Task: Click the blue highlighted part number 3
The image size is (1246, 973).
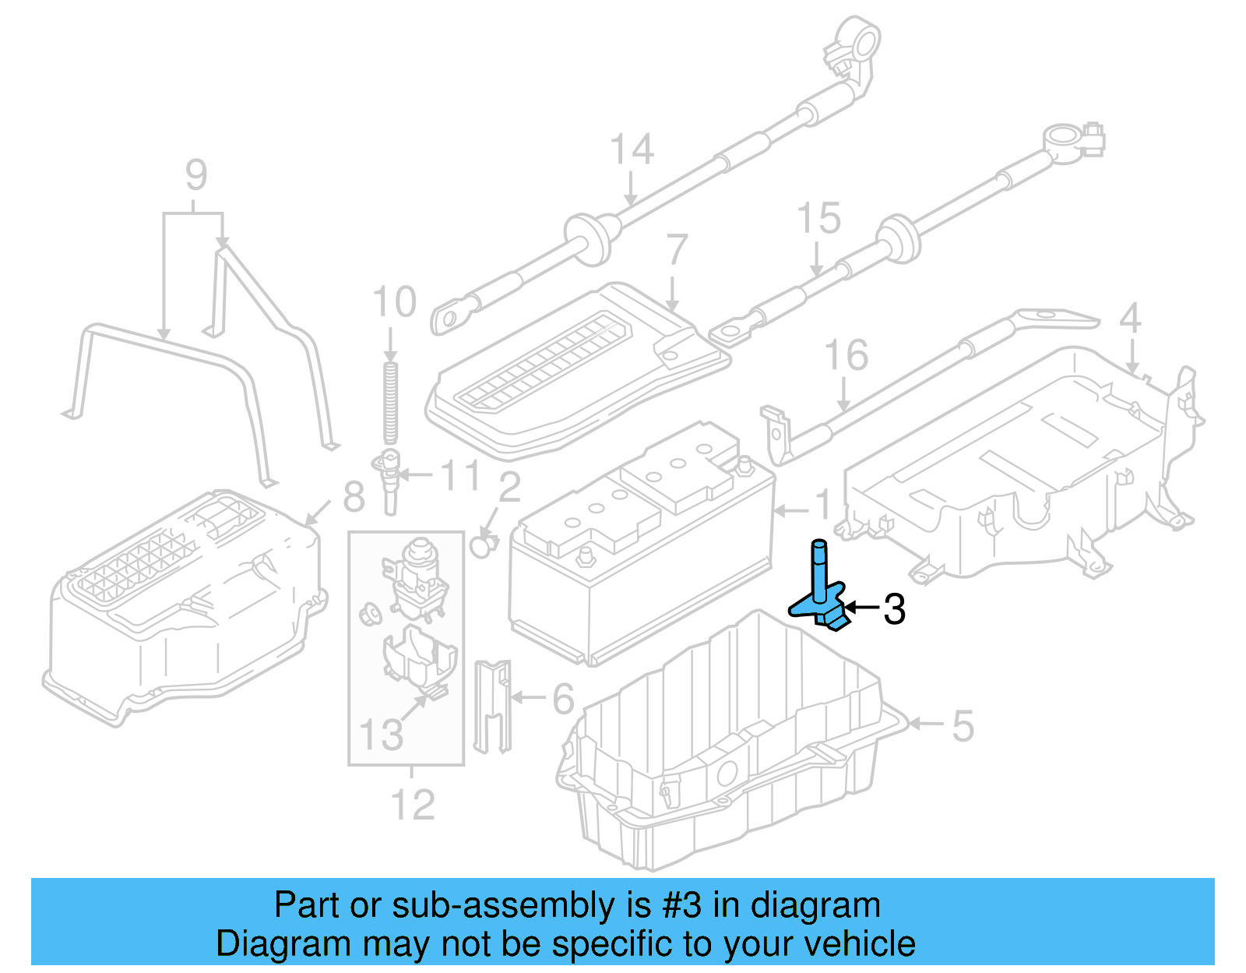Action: pyautogui.click(x=820, y=592)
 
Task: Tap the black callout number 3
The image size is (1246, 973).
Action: pyautogui.click(x=894, y=609)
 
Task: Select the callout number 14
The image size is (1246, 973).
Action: pyautogui.click(x=631, y=150)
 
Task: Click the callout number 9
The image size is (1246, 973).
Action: pyautogui.click(x=196, y=175)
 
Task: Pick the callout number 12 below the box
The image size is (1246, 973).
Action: pyautogui.click(x=412, y=805)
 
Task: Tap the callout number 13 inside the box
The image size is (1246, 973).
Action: pyautogui.click(x=381, y=734)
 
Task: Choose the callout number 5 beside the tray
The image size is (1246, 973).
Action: pyautogui.click(x=963, y=726)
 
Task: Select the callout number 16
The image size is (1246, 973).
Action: pyautogui.click(x=846, y=356)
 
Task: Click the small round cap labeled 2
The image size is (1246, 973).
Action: pyautogui.click(x=484, y=545)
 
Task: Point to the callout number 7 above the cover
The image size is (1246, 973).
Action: pyautogui.click(x=677, y=251)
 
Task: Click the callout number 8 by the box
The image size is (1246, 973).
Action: pyautogui.click(x=354, y=497)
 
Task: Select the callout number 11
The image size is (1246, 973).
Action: pyautogui.click(x=460, y=475)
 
